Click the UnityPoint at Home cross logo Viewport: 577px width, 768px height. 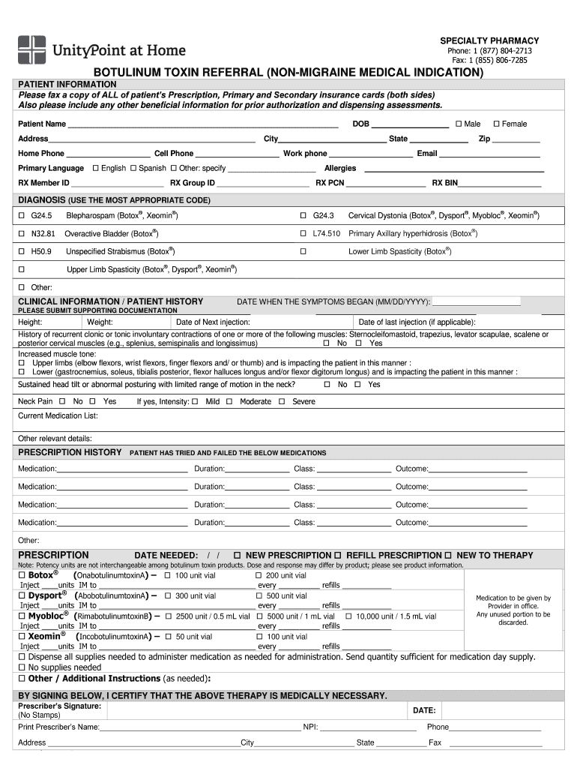31,49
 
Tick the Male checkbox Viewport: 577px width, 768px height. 458,124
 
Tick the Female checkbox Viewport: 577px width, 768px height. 495,124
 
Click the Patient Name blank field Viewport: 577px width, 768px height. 202,124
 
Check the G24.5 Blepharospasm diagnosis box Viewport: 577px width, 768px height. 22,215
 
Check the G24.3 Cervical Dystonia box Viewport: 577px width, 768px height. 303,215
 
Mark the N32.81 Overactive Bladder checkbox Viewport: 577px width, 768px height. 22,234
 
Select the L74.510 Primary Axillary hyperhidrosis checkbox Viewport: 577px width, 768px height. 303,234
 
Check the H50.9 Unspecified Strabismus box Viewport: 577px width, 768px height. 22,252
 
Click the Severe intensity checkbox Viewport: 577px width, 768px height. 282,402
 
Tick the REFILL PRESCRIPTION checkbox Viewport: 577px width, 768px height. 337,556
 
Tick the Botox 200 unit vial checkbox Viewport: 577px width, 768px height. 259,575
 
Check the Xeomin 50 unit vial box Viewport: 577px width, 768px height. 169,637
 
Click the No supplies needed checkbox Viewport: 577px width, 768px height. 22,667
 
